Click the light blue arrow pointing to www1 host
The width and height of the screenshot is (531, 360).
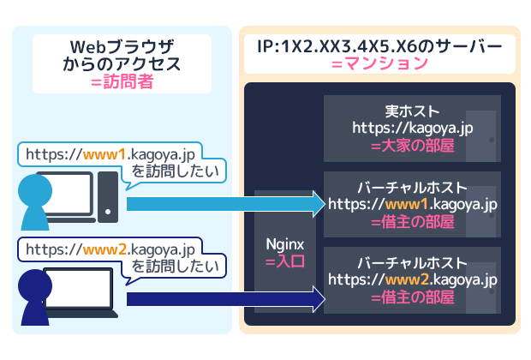point(226,204)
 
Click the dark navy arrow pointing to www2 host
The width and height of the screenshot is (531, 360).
point(226,299)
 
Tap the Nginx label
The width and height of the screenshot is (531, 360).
point(285,245)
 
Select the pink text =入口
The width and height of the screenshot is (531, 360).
point(285,262)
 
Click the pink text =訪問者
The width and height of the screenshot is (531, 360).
point(122,82)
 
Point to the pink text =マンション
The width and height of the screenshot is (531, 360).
point(379,63)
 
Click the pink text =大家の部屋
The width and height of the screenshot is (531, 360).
point(413,146)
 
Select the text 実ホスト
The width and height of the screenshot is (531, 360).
point(413,111)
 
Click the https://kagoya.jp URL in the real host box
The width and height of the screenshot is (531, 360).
point(413,129)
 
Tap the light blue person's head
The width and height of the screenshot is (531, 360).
point(35,190)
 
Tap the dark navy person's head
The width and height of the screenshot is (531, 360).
point(35,285)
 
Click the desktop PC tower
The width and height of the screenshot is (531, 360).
point(108,197)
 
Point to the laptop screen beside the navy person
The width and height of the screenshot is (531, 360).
point(80,289)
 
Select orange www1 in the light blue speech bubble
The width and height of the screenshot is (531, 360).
point(104,155)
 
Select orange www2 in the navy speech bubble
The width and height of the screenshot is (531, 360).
point(104,250)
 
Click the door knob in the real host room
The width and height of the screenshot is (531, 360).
point(492,140)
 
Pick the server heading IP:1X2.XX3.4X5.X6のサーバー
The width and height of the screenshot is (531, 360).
point(379,46)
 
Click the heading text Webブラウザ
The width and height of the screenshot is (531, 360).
point(122,47)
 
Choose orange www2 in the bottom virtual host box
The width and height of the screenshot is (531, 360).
point(408,280)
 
